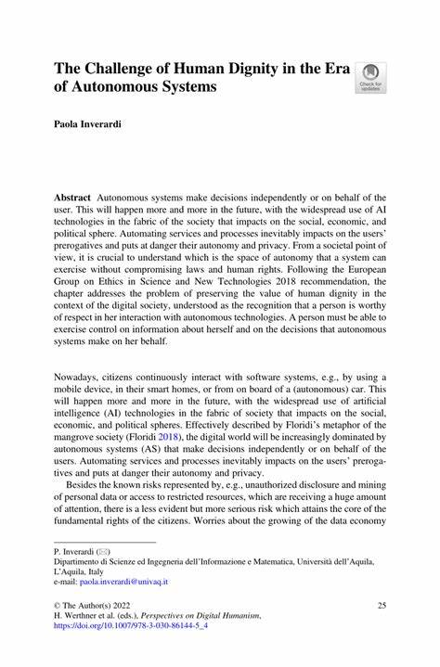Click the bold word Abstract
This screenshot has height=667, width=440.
pyautogui.click(x=72, y=199)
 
